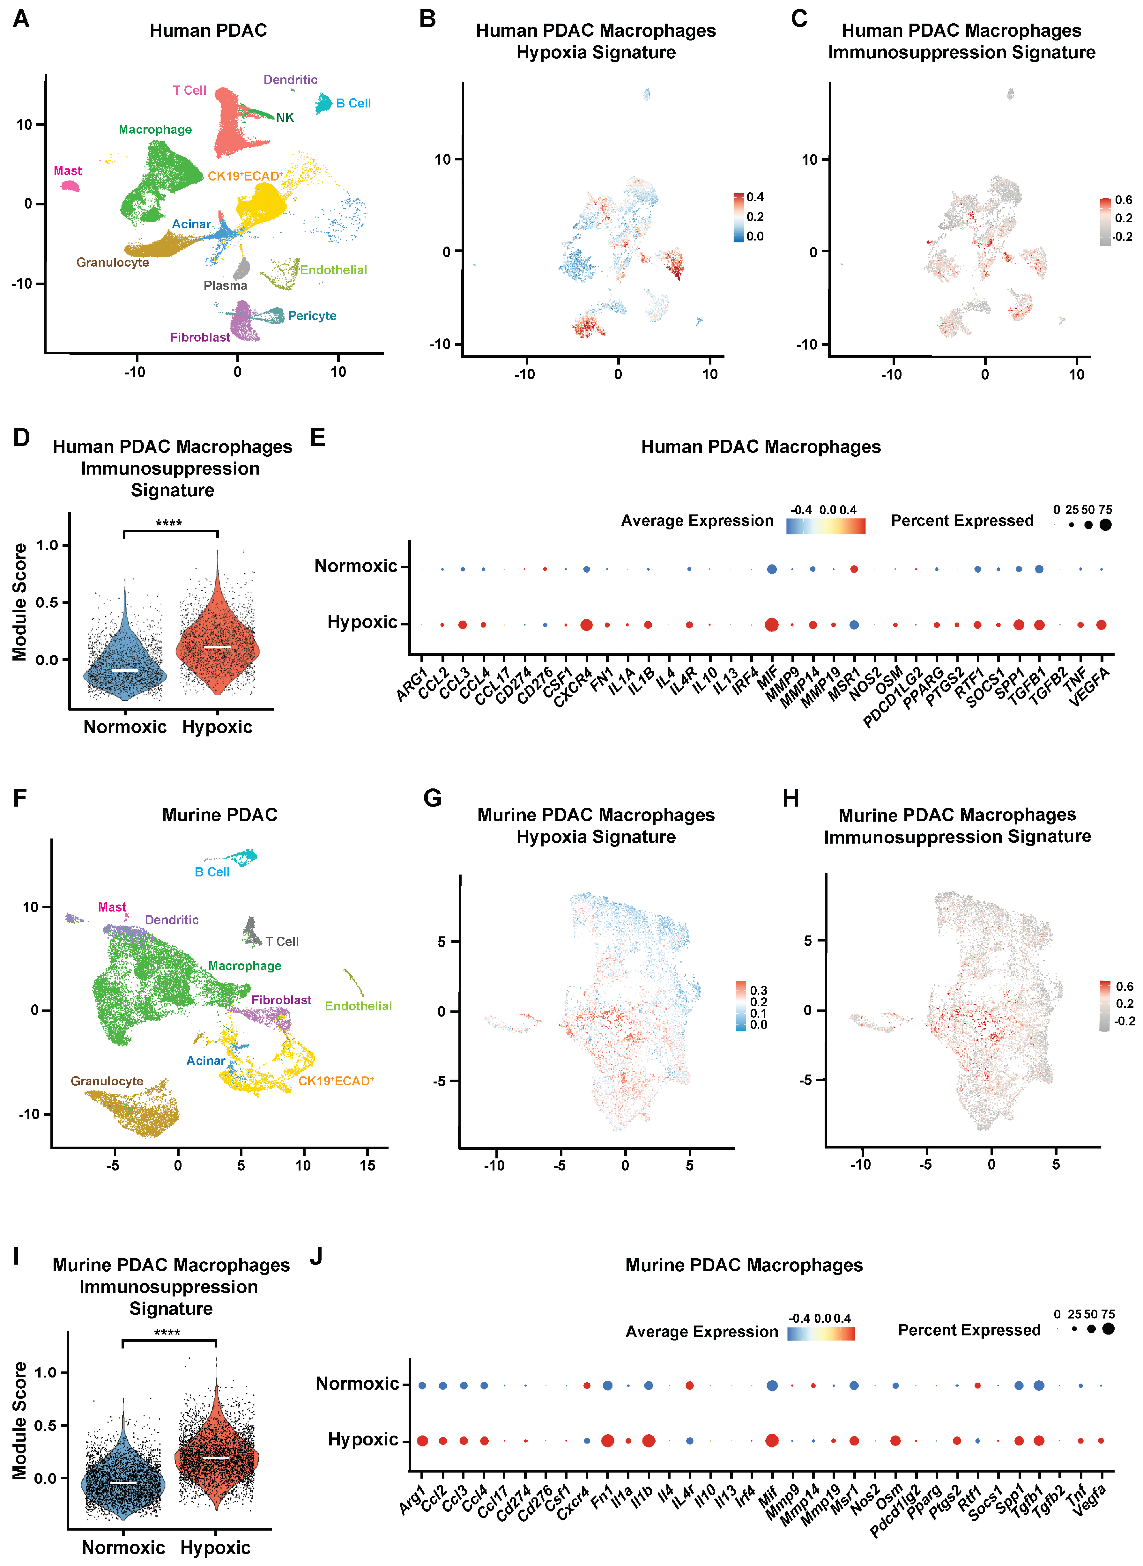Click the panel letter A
pyautogui.click(x=21, y=19)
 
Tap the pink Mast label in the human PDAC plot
pyautogui.click(x=68, y=171)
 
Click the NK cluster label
pyautogui.click(x=285, y=118)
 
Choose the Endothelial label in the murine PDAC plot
pyautogui.click(x=358, y=1006)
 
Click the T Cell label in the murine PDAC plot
pyautogui.click(x=282, y=942)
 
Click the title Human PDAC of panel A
pyautogui.click(x=208, y=30)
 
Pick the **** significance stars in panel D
pyautogui.click(x=169, y=523)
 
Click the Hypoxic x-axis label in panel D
pyautogui.click(x=217, y=727)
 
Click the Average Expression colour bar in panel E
pyautogui.click(x=825, y=526)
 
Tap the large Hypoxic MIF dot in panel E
pyautogui.click(x=771, y=624)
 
